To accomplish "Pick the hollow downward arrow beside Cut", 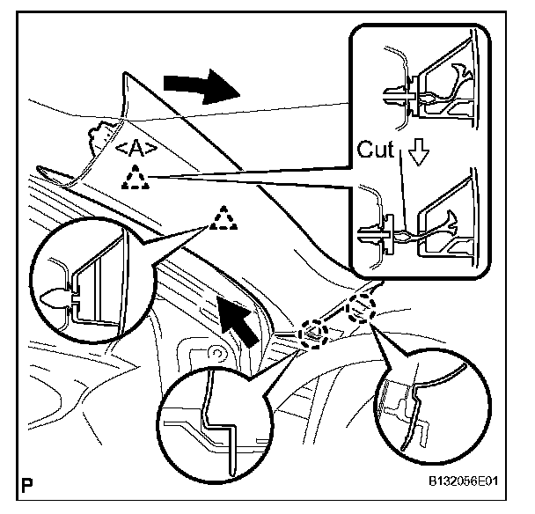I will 419,155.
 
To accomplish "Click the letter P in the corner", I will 29,484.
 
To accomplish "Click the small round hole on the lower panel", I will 212,355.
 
